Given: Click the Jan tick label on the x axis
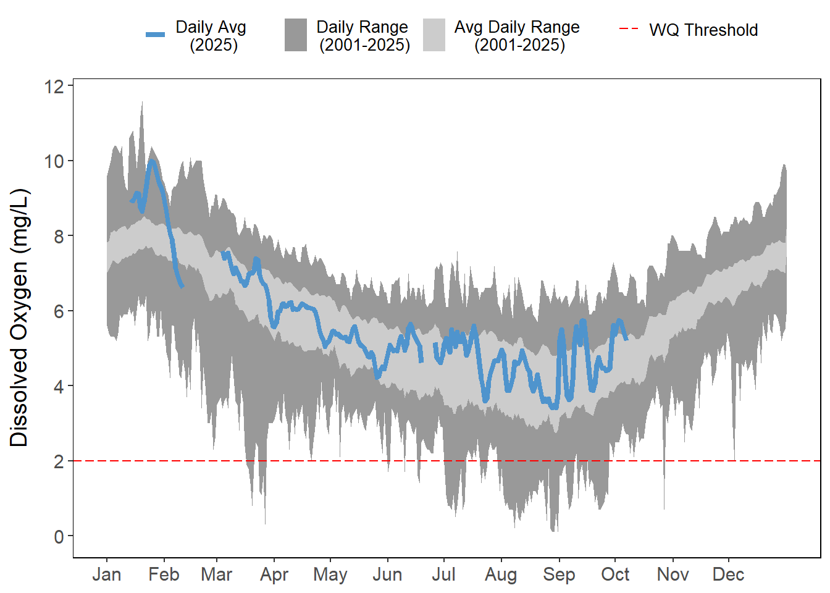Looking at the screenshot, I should (x=106, y=574).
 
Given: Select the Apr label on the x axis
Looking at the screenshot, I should (x=274, y=574).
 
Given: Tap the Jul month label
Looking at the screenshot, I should (x=443, y=574).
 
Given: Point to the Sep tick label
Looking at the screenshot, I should (x=559, y=574).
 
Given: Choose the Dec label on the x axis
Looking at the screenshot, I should (x=728, y=574).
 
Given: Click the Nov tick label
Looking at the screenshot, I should (x=673, y=574).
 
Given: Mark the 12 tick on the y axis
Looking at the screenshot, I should (x=54, y=86).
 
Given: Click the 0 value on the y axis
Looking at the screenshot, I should (x=59, y=536).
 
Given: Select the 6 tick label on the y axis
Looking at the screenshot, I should (x=59, y=311).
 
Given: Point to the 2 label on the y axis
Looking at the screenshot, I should (x=59, y=461).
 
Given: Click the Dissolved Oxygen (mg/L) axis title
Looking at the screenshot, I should (x=19, y=318).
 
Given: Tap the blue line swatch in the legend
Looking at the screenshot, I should (x=156, y=35).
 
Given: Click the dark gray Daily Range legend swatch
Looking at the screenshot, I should (x=296, y=35).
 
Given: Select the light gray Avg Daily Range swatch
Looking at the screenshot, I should (x=434, y=35).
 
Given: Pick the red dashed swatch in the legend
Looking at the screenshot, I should (x=629, y=29).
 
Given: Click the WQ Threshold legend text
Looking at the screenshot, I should (x=703, y=30).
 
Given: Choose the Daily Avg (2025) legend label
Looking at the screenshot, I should (x=211, y=36).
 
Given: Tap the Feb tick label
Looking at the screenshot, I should (x=164, y=574).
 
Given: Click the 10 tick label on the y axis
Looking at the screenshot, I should (x=54, y=161).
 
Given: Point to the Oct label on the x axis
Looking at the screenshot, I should (x=615, y=574).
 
